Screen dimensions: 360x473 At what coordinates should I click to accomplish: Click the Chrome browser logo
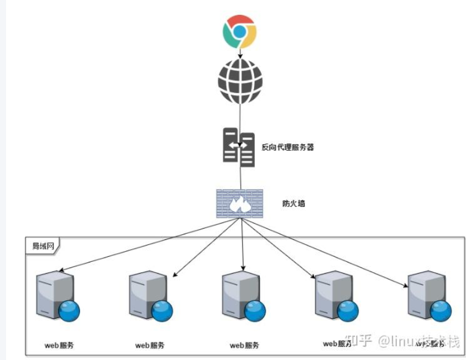(x=239, y=31)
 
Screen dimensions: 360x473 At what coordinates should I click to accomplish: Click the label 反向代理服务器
(x=288, y=148)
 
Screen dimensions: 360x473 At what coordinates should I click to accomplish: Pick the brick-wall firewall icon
(x=240, y=203)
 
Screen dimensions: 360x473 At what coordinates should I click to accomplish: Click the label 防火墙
(x=294, y=203)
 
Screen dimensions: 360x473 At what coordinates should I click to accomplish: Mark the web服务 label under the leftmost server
(x=59, y=346)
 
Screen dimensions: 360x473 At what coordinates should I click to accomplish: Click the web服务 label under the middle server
(x=244, y=346)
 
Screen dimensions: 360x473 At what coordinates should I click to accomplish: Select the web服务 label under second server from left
(x=150, y=346)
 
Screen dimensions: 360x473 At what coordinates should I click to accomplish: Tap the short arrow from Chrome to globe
(x=240, y=53)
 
